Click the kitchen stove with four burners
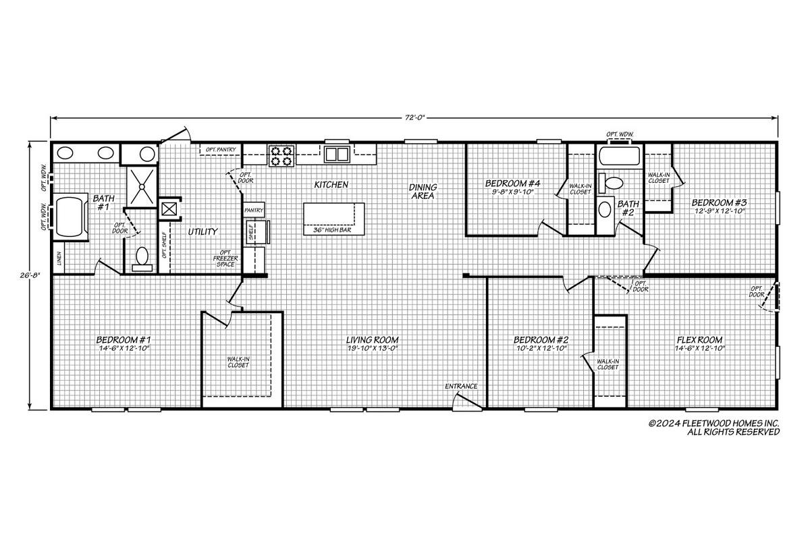[x=281, y=156]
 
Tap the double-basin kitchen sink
[x=337, y=154]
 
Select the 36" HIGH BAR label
[x=332, y=230]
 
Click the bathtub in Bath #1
[x=71, y=217]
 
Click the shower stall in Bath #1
[x=142, y=187]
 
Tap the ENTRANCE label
[x=461, y=387]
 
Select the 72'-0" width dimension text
[x=414, y=117]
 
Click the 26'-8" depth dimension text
[x=30, y=275]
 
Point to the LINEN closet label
[x=59, y=258]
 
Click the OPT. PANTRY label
[x=221, y=149]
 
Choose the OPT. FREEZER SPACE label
[x=225, y=258]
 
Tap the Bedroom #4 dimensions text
[x=513, y=192]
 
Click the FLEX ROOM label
[x=700, y=340]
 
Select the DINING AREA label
[x=423, y=192]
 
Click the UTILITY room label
[x=202, y=231]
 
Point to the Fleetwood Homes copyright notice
[x=714, y=428]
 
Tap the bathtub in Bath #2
[x=619, y=156]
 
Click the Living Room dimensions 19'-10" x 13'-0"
[x=372, y=348]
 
